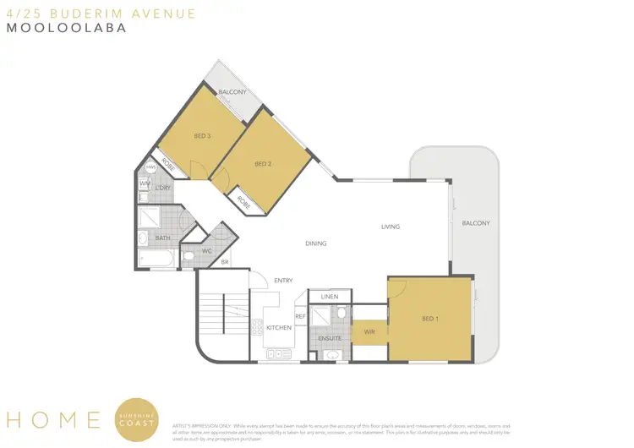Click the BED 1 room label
coord(429,319)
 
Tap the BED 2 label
coord(262,164)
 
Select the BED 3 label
coord(201,136)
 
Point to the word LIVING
coord(390,227)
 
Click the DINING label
coord(315,243)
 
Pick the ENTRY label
coord(282,280)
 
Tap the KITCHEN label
coord(279,327)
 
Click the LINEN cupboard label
coord(329,297)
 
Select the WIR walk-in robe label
coord(369,331)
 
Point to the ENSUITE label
coord(329,337)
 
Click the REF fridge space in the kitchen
coord(300,316)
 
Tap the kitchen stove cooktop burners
coord(257,326)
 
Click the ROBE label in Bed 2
coord(243,202)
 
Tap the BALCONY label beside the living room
coord(475,223)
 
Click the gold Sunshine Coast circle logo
coord(137,420)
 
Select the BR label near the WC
coord(225,262)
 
